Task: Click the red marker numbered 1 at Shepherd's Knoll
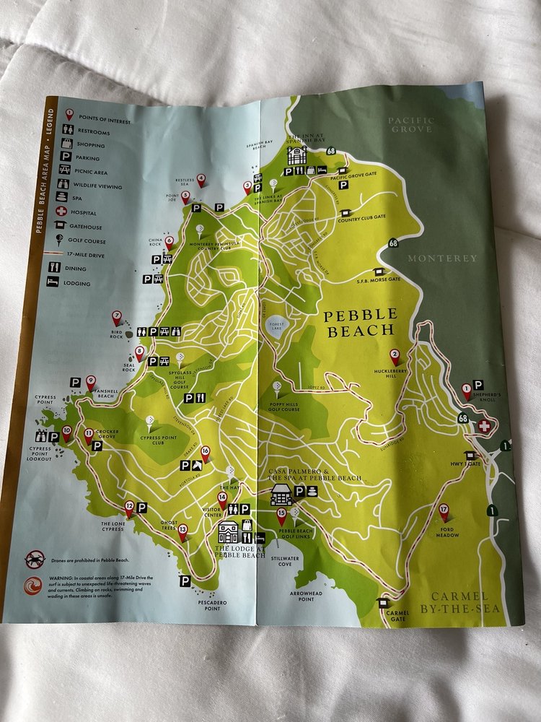pos(467,391)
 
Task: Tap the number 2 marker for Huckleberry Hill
pos(395,356)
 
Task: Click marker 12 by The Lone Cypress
pos(129,507)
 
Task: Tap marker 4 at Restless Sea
pos(201,178)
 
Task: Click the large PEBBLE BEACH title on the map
pos(361,323)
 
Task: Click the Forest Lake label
pos(278,325)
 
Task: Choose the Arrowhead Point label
pos(306,595)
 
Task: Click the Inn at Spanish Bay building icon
pos(296,155)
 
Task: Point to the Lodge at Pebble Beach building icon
pos(229,532)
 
